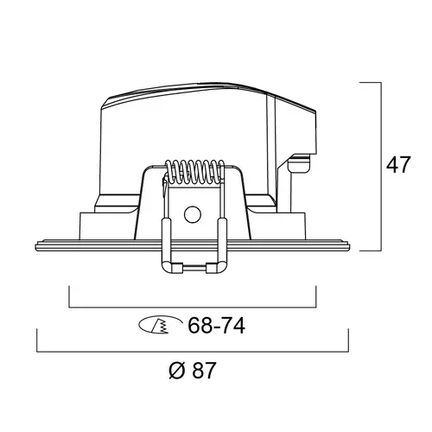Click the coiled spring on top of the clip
(191, 170)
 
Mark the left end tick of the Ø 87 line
(36, 340)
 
